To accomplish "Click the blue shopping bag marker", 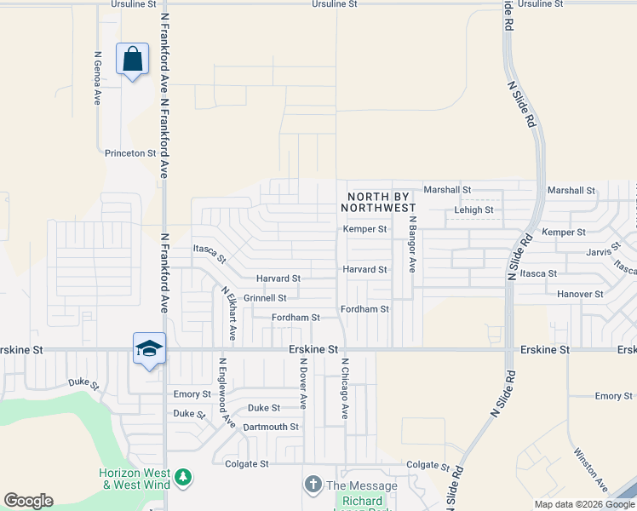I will click(132, 60).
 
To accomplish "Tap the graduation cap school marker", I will click(149, 348).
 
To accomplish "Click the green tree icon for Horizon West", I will click(183, 479).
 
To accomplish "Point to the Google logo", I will click(29, 501).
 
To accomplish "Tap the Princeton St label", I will click(130, 153).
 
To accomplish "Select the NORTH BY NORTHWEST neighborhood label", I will click(381, 202).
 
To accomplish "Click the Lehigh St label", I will click(473, 210).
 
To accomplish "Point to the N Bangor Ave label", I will click(411, 244).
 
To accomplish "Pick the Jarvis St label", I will click(606, 252).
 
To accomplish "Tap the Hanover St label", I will click(580, 294).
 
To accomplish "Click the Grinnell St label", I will click(265, 298).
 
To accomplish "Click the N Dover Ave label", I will click(302, 384).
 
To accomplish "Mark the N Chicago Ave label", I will click(345, 388).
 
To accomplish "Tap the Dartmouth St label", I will click(271, 427).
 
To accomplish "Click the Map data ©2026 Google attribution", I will click(583, 504).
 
